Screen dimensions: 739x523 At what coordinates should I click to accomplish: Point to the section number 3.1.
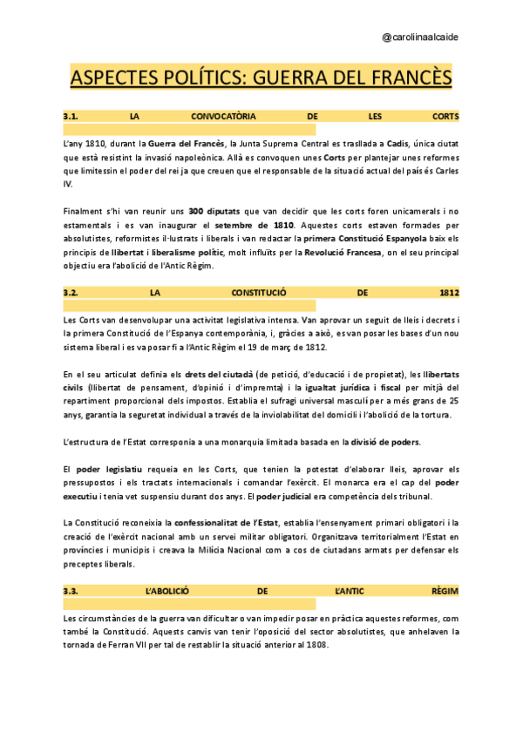(x=71, y=116)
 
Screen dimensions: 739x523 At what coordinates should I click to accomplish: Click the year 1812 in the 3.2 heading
(x=450, y=292)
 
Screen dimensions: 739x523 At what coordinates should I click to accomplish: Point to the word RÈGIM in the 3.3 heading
(x=445, y=591)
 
